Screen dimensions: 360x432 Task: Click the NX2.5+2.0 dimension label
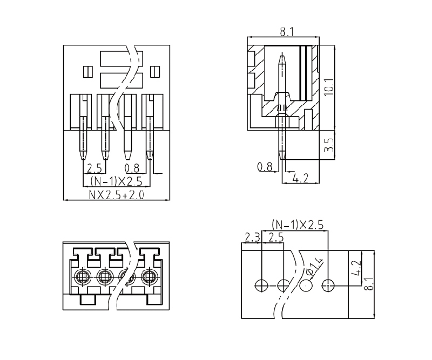(x=117, y=194)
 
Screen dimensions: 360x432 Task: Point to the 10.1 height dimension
(x=329, y=86)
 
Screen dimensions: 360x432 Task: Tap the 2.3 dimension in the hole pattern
(x=252, y=237)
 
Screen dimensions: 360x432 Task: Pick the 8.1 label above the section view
(x=287, y=32)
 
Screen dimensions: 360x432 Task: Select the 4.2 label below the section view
(x=300, y=178)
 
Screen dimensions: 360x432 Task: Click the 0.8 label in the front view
(x=131, y=167)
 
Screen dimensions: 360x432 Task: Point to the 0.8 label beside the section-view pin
(x=265, y=167)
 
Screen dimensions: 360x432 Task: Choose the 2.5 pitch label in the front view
(x=94, y=167)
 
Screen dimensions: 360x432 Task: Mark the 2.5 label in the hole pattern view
(x=275, y=237)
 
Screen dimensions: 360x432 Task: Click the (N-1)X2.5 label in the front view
(x=116, y=181)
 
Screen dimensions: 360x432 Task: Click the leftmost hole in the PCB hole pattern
(x=261, y=284)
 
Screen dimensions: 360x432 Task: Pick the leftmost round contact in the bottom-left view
(x=82, y=278)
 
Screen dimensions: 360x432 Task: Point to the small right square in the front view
(x=156, y=71)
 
